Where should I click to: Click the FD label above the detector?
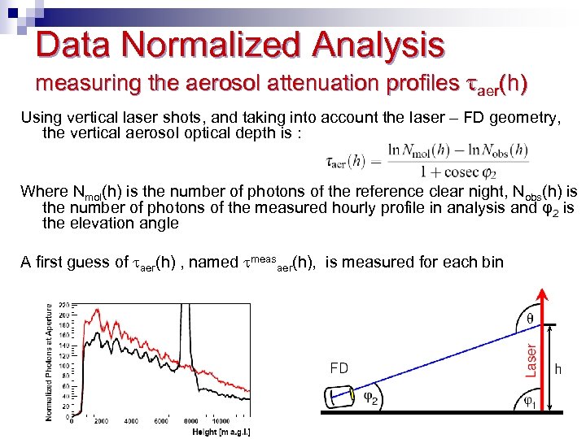[339, 368]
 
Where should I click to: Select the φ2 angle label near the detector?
[370, 398]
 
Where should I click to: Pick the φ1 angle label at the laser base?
[529, 400]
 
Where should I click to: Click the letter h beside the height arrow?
[558, 368]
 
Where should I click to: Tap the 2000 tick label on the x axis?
[102, 421]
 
